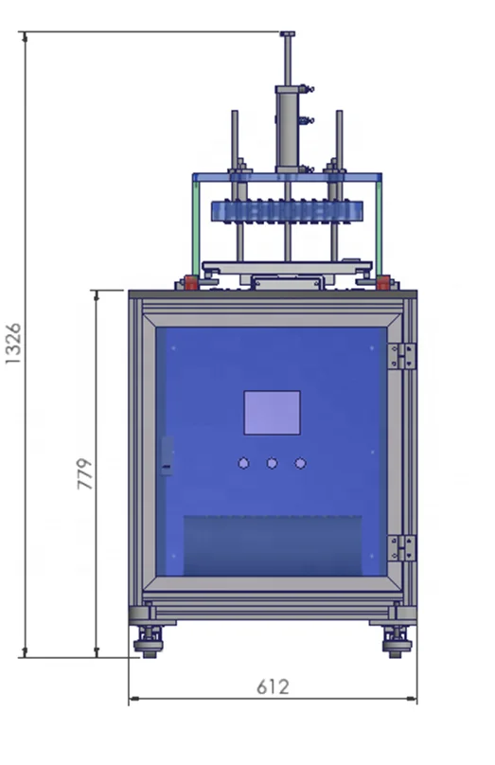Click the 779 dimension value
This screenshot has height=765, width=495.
(84, 473)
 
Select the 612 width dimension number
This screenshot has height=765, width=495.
(273, 686)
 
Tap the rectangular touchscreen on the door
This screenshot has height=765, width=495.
(272, 413)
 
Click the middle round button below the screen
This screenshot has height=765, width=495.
(272, 463)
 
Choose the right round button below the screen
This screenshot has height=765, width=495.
(300, 463)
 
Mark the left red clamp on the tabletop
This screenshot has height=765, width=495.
(191, 282)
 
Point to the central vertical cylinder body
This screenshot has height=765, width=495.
(286, 128)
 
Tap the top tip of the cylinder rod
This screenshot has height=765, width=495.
(286, 35)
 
